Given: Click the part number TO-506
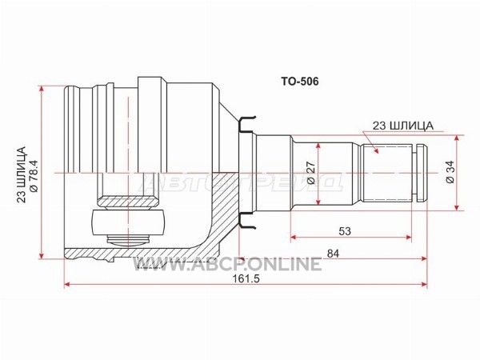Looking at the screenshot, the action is coord(300,82).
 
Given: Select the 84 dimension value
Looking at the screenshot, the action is coord(333,254).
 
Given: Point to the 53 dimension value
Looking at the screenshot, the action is coord(345,231).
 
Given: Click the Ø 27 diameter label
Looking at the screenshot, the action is coord(310,173).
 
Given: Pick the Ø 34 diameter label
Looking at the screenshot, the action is coord(450,172).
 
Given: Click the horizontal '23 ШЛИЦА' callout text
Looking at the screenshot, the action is coord(403,126).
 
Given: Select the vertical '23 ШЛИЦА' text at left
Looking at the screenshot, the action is coord(22,174).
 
